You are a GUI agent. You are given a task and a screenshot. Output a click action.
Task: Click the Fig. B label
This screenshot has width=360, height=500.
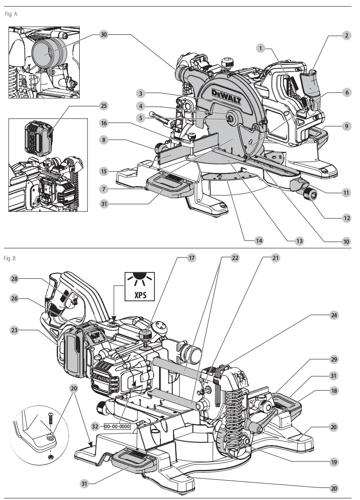pos(10,258)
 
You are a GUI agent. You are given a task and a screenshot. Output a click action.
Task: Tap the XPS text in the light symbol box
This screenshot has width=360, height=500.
pos(139,295)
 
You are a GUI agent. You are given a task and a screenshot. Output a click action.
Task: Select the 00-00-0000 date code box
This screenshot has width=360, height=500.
pos(118,426)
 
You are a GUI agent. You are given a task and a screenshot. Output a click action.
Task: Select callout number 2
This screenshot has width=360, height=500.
pos(346,35)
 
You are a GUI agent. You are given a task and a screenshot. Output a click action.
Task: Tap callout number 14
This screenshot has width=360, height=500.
pos(259,241)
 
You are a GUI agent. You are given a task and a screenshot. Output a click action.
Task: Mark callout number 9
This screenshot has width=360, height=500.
pos(346,127)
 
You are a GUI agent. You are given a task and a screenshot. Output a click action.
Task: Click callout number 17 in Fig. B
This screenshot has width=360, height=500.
pos(192,258)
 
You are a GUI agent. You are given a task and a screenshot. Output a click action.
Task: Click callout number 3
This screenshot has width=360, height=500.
pos(141,94)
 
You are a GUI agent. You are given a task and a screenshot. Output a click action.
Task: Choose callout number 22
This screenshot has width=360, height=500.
pos(235,258)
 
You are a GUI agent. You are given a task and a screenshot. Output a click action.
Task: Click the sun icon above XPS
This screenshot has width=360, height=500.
pos(139,278)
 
